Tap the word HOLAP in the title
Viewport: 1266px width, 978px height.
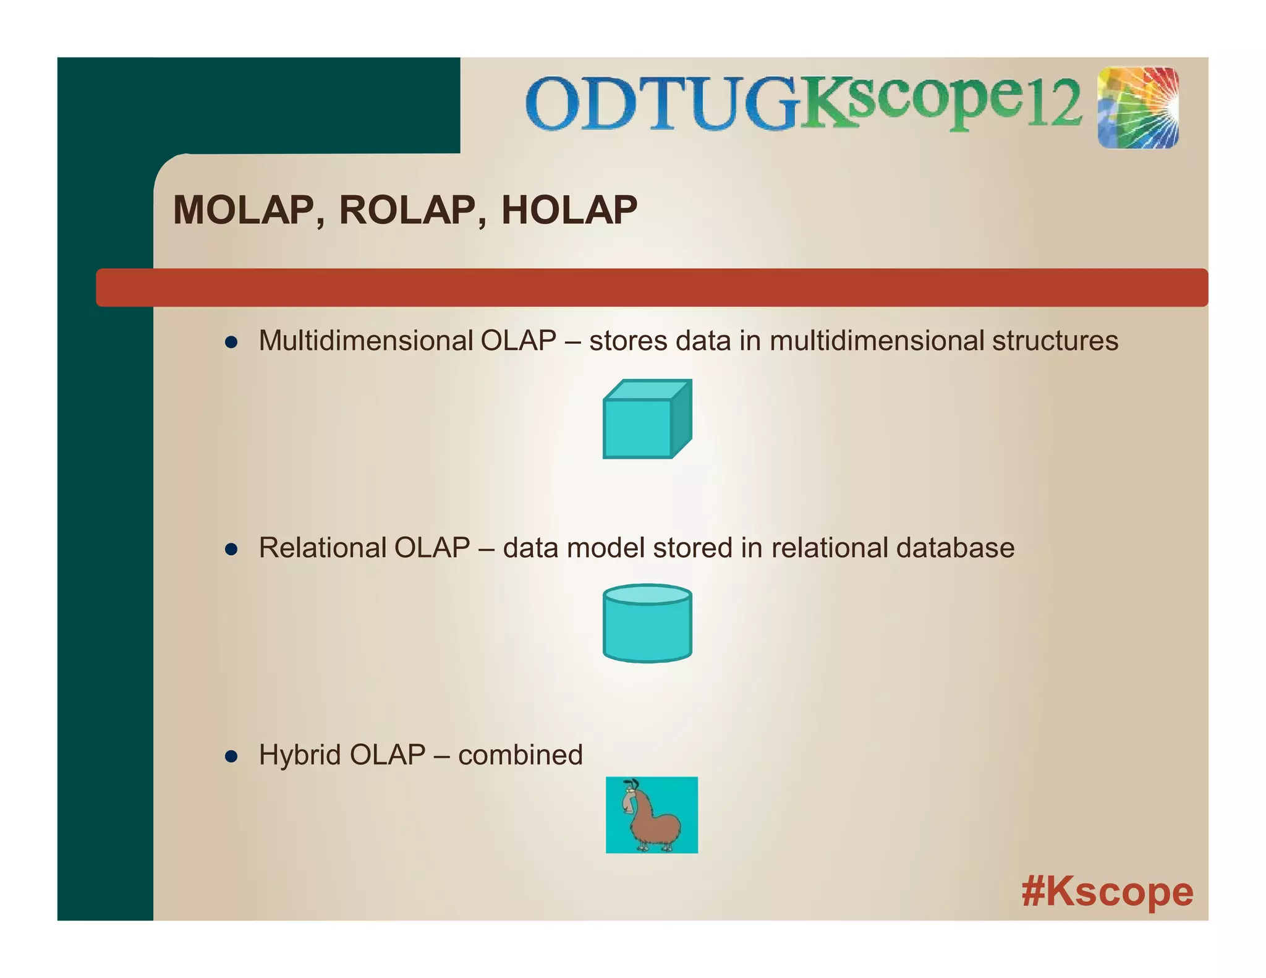(569, 210)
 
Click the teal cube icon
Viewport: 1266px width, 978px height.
(647, 420)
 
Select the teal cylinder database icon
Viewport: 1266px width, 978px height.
(647, 623)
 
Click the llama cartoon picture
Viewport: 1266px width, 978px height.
(652, 815)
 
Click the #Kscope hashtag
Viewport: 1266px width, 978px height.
(1107, 891)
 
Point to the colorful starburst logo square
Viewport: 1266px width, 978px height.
(1138, 108)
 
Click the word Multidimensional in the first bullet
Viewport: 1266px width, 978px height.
(365, 341)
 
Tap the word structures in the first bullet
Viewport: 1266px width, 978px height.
(1055, 341)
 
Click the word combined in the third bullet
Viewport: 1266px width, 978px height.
(520, 755)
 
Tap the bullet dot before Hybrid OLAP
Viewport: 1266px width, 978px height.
(231, 756)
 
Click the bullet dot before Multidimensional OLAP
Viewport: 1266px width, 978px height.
(231, 342)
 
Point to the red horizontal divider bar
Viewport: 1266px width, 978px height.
(652, 287)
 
